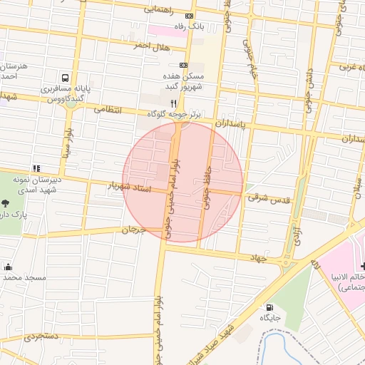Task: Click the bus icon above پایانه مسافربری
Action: click(66, 78)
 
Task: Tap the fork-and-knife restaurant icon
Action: click(173, 103)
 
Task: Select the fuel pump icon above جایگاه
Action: click(269, 307)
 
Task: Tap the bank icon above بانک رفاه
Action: click(189, 16)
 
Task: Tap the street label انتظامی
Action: click(108, 110)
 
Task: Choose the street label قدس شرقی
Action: click(269, 200)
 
